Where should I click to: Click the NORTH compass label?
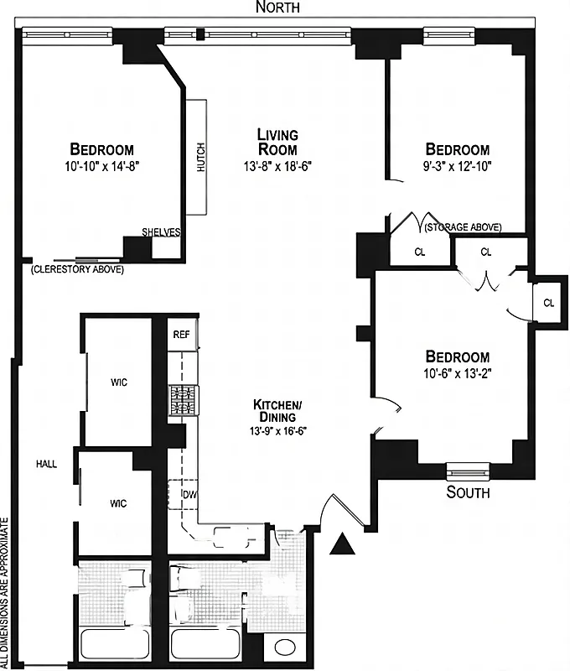[278, 8]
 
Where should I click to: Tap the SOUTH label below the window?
[468, 492]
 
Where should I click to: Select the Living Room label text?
[277, 142]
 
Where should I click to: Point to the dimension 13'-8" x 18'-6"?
[277, 166]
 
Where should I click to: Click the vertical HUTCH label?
[200, 156]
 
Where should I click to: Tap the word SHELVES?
[161, 232]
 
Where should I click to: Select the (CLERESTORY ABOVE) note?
[77, 269]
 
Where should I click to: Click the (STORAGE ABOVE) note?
[464, 227]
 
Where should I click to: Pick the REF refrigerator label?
[181, 334]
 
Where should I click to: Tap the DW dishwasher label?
[189, 495]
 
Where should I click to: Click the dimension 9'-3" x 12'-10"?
[457, 166]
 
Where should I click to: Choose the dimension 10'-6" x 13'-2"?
[457, 374]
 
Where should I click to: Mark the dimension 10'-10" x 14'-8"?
[101, 166]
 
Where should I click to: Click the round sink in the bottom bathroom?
[285, 648]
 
